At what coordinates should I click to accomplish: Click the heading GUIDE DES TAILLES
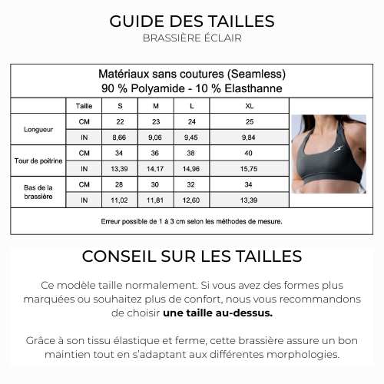coord(192,21)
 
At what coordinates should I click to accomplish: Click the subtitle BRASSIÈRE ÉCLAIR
coord(192,38)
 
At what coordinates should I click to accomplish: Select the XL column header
coord(248,105)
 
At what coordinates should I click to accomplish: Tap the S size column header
coord(120,105)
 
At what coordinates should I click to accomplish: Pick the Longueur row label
coord(38,130)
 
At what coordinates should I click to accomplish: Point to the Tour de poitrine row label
coord(38,161)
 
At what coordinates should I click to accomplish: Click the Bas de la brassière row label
coord(38,192)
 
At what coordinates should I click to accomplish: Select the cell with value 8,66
coord(120,137)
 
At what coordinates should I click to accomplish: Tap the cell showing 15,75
coord(248,169)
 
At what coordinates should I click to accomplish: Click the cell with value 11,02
coord(120,200)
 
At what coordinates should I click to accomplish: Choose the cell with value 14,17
coord(156,169)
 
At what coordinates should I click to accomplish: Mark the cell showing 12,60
coord(191,200)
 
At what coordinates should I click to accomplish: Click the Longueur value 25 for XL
coord(248,122)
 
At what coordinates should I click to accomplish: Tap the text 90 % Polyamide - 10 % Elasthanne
coord(192,88)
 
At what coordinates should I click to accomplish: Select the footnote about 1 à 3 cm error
coord(192,221)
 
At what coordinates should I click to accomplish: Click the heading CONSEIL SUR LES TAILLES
coord(192,257)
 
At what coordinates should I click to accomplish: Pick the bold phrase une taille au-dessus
coord(217,313)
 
